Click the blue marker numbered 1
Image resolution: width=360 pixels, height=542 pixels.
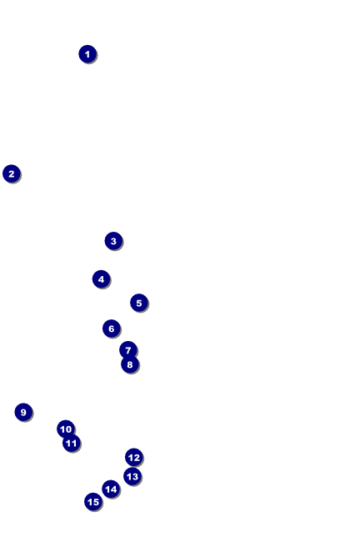coord(87,54)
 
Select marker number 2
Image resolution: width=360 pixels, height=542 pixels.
coord(12,173)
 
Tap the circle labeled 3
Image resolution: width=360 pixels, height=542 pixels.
coord(113,241)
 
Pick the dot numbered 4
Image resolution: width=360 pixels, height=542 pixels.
coord(101,279)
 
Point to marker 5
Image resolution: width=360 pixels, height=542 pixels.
coord(139,303)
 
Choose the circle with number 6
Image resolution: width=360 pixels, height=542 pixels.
coord(112,329)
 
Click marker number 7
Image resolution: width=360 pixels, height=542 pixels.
coord(128,350)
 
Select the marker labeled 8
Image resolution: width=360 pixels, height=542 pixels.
coord(130,364)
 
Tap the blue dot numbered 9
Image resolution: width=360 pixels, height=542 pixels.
coord(23,412)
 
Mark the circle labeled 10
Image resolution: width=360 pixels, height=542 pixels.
coord(66,429)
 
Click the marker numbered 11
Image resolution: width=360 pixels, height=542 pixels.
coord(72,443)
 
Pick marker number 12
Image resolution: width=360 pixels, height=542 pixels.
coord(134,457)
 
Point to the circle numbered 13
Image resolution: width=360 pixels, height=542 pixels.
coord(132,476)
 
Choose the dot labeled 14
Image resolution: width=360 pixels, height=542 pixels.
coord(111,489)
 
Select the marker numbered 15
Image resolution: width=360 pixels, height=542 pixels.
coord(93,501)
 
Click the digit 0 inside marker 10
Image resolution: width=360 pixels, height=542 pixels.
coord(68,429)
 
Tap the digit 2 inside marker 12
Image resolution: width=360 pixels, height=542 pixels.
coord(137,458)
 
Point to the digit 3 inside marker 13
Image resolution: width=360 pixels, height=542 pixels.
coord(135,477)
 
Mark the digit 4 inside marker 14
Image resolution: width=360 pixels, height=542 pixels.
coord(113,489)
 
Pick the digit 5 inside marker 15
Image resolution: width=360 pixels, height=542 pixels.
coord(96,502)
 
